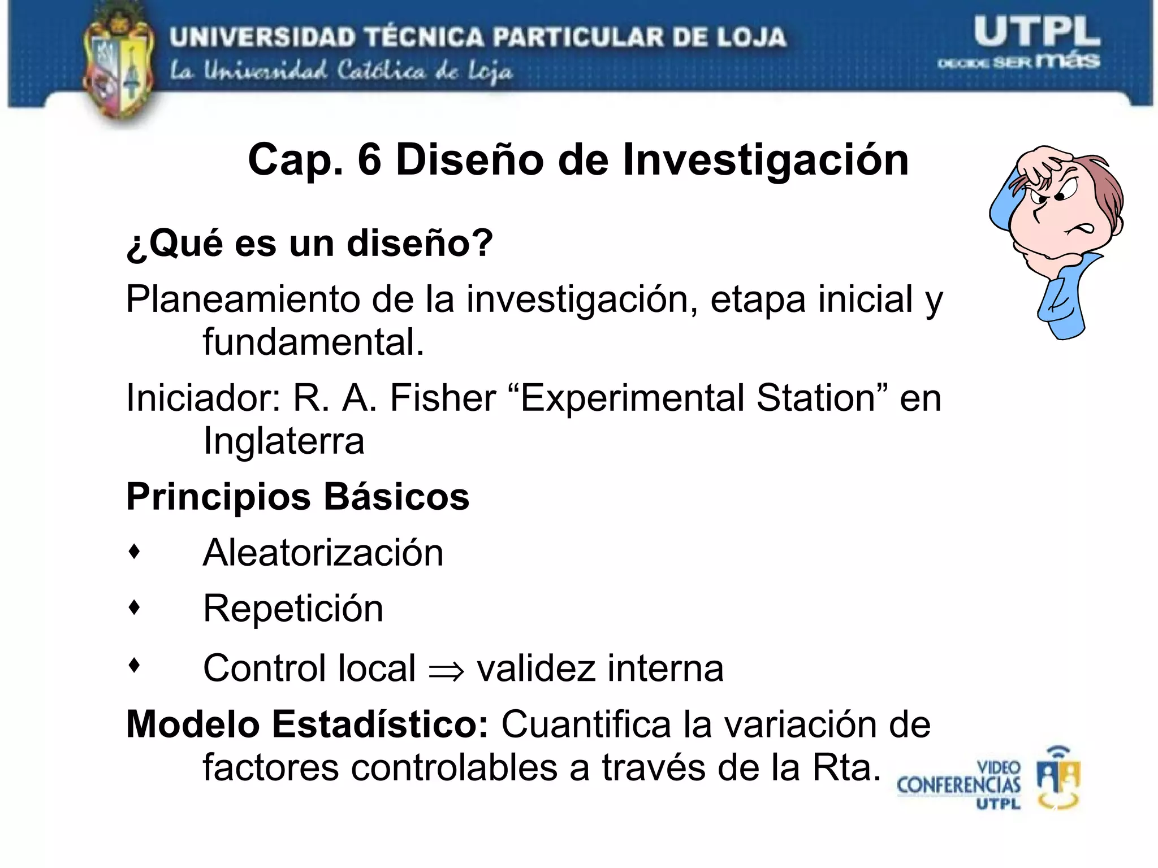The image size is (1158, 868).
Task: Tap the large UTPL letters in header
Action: (x=1036, y=32)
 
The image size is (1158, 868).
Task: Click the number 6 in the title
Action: (x=369, y=160)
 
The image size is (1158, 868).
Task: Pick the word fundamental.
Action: (x=313, y=342)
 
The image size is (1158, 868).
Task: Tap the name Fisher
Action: (x=443, y=398)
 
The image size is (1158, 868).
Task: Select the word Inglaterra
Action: (x=283, y=441)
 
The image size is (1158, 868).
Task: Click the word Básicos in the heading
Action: (x=396, y=497)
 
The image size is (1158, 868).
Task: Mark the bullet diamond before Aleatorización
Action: (x=134, y=552)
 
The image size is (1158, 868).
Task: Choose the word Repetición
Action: (x=293, y=609)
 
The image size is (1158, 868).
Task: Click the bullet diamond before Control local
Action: (x=134, y=665)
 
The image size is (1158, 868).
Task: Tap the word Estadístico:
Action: (x=380, y=724)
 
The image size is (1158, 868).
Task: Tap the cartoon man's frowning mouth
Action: (x=1081, y=229)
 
